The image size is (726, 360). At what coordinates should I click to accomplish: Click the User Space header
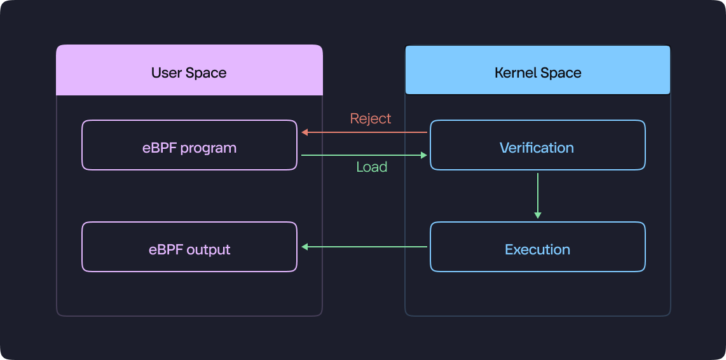(189, 70)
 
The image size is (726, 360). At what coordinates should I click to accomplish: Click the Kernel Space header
(538, 70)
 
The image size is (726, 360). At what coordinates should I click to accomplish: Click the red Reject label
(371, 118)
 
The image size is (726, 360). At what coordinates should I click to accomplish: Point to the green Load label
(372, 167)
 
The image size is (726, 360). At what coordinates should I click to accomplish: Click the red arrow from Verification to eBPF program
(364, 132)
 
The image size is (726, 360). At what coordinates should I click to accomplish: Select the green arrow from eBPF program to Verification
(364, 155)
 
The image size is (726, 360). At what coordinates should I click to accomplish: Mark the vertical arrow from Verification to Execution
(538, 196)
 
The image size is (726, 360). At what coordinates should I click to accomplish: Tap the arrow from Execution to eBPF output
(364, 247)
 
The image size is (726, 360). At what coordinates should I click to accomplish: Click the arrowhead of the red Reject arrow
(305, 132)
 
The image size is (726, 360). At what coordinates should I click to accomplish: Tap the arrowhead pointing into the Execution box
(538, 216)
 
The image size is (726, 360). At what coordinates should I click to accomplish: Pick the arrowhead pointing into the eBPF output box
(305, 247)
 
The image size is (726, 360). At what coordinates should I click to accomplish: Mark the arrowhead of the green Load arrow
(423, 155)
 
